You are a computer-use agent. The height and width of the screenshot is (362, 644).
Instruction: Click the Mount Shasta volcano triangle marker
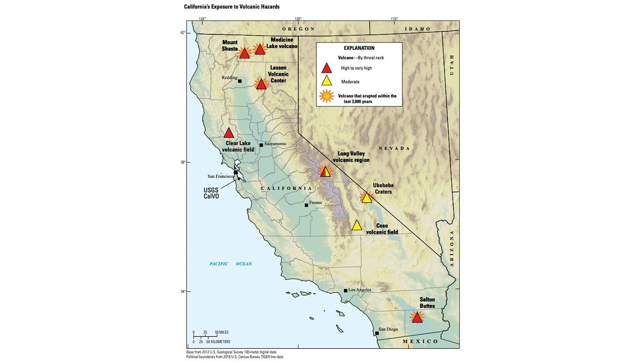245,53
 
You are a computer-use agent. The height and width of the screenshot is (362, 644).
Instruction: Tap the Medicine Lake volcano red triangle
260,49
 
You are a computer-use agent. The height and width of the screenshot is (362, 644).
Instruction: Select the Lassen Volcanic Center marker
261,84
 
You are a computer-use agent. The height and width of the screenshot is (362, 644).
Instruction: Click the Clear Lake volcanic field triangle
229,133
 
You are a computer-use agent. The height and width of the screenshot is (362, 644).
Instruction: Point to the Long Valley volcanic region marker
326,171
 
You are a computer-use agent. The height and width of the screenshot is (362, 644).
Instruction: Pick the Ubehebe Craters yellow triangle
366,198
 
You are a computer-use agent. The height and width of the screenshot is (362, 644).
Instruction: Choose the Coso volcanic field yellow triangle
357,225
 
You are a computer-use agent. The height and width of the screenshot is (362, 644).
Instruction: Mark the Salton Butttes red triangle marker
417,317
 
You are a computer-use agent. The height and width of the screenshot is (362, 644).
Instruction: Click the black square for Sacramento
261,145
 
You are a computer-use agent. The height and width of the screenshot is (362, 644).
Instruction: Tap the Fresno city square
306,205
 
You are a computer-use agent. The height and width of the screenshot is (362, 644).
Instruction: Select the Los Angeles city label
360,290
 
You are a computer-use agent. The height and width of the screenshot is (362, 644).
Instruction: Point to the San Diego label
389,329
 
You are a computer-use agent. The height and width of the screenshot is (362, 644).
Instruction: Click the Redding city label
229,78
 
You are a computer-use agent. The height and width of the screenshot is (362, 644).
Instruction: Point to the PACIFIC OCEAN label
230,264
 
